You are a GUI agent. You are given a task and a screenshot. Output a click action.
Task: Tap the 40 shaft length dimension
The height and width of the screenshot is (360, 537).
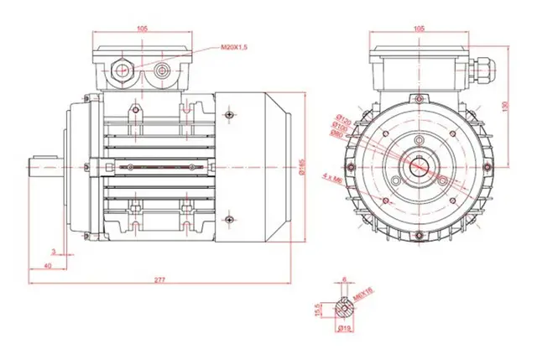[47, 265]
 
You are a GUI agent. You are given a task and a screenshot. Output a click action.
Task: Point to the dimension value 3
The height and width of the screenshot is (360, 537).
[53, 251]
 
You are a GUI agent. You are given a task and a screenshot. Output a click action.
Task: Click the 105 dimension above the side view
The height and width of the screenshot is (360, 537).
[142, 28]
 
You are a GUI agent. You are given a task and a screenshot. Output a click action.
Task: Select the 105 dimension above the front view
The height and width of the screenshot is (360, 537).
[419, 28]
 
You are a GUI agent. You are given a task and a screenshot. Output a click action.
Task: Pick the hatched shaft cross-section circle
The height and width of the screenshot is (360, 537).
[344, 308]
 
